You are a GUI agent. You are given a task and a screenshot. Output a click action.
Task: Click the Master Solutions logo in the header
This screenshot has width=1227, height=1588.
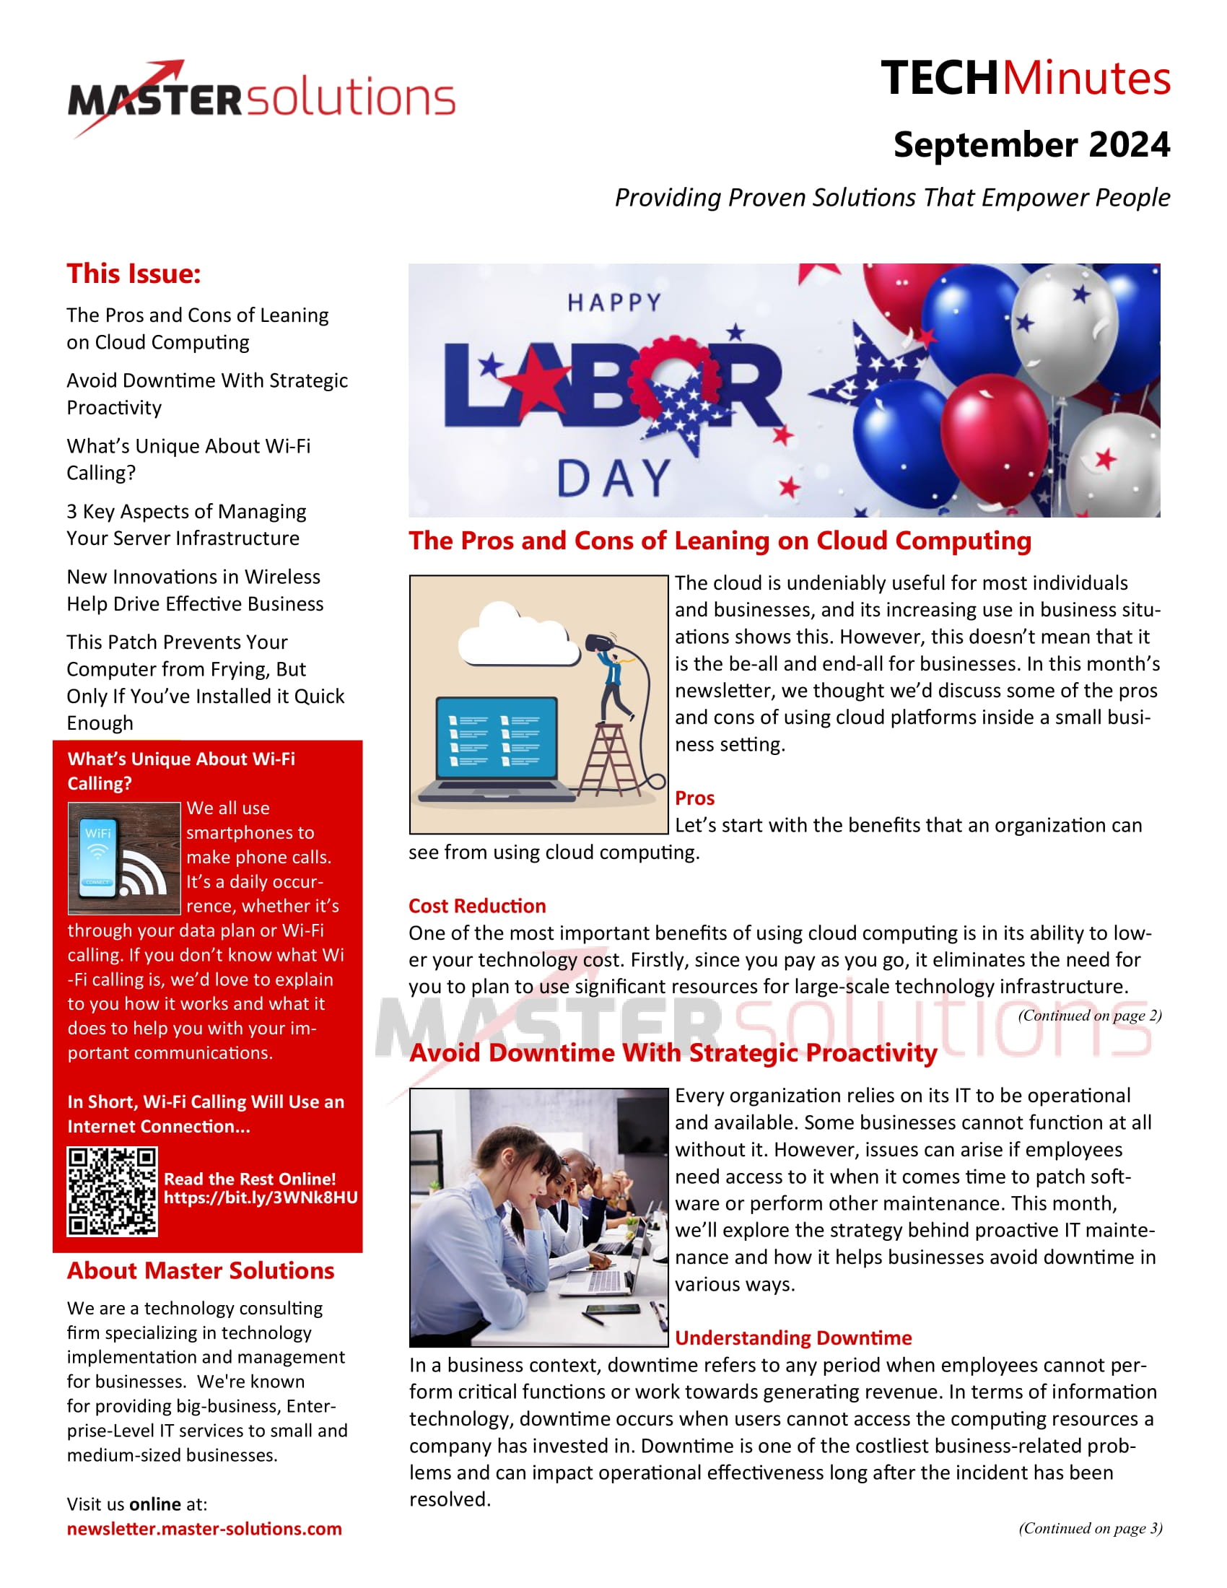point(262,98)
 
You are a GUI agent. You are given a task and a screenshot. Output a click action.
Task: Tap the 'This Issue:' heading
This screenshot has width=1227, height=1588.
point(134,274)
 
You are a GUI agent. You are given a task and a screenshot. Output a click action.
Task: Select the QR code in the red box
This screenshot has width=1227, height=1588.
point(112,1192)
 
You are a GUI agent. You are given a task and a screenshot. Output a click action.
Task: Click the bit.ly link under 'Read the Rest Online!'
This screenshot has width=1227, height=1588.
point(261,1197)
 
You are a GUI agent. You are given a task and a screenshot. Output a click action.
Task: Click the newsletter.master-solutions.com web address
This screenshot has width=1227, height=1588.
point(204,1528)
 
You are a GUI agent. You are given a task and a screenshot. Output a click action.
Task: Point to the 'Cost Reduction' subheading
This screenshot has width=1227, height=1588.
point(477,906)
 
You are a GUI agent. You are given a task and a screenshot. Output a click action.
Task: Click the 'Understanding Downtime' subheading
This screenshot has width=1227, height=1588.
point(793,1338)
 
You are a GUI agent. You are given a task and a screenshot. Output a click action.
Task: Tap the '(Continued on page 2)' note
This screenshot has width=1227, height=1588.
point(1090,1015)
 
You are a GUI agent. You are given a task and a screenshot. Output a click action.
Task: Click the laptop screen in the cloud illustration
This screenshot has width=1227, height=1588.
point(497,738)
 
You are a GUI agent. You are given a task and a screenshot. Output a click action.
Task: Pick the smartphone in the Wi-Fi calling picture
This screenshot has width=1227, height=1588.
point(98,859)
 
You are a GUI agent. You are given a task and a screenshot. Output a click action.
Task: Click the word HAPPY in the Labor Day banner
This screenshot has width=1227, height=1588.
point(614,302)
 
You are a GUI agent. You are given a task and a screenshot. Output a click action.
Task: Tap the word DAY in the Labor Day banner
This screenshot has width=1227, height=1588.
point(614,479)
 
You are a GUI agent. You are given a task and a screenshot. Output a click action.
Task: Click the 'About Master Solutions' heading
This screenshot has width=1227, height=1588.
point(201,1270)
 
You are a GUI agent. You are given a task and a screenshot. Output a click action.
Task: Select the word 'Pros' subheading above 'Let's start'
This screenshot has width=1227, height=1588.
point(694,798)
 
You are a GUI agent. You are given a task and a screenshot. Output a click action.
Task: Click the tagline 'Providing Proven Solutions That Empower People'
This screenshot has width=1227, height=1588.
point(892,198)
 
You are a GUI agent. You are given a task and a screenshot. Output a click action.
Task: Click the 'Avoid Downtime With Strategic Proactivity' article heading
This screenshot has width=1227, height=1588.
point(673,1053)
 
